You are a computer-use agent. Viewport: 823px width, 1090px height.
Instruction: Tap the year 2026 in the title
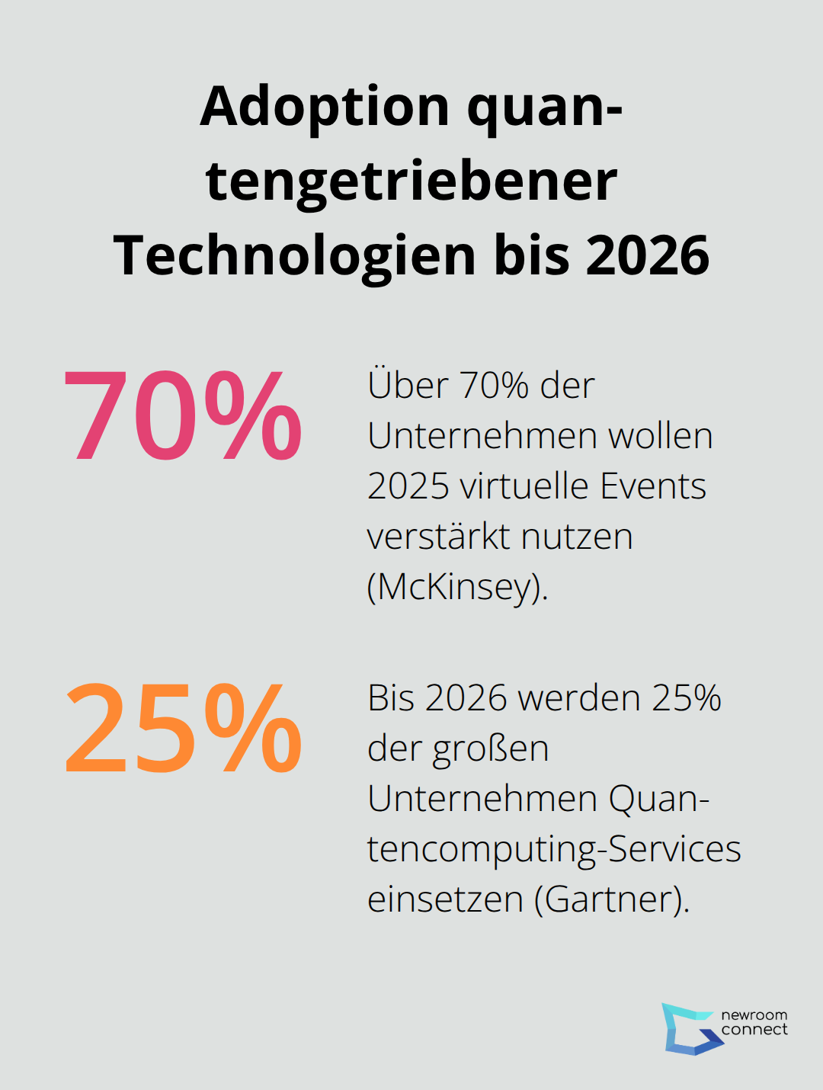pyautogui.click(x=648, y=255)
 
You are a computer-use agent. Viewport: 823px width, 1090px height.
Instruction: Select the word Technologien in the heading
pyautogui.click(x=295, y=255)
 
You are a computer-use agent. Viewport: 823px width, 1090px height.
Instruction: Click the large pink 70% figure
pyautogui.click(x=183, y=415)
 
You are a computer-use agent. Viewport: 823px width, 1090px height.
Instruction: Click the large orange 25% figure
pyautogui.click(x=183, y=728)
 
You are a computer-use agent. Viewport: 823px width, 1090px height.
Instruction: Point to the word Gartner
pyautogui.click(x=610, y=899)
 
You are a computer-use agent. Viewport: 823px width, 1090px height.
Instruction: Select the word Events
pyautogui.click(x=653, y=486)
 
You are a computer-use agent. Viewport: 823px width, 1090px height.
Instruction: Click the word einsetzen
pyautogui.click(x=445, y=899)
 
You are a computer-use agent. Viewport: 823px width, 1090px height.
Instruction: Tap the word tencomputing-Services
pyautogui.click(x=554, y=849)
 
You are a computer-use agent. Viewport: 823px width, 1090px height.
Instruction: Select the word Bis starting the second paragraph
pyautogui.click(x=391, y=698)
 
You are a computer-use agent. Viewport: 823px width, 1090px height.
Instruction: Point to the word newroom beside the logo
pyautogui.click(x=754, y=1015)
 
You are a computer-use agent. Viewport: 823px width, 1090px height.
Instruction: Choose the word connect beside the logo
pyautogui.click(x=754, y=1030)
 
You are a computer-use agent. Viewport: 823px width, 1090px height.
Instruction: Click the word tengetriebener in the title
pyautogui.click(x=411, y=181)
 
